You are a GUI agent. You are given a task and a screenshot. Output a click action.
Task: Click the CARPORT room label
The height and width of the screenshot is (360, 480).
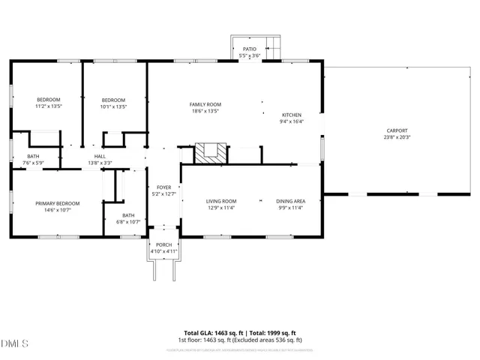(x=397, y=130)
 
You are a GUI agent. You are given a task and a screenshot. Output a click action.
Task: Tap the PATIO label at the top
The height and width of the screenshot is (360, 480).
(x=249, y=49)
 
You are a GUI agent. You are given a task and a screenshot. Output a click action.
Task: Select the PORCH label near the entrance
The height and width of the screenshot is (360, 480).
(x=163, y=244)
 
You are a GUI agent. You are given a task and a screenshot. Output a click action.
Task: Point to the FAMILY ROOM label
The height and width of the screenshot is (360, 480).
(x=205, y=104)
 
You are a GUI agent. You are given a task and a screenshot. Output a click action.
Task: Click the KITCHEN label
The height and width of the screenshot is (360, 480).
(x=291, y=114)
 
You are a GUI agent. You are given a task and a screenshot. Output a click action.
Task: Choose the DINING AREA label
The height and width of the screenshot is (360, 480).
(x=290, y=201)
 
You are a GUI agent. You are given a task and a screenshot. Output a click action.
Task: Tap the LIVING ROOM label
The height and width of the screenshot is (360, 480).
(x=221, y=201)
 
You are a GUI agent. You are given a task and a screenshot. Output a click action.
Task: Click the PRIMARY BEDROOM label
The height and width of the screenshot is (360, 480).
(x=58, y=203)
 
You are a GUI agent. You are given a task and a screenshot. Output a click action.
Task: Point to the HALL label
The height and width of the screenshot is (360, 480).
(x=100, y=156)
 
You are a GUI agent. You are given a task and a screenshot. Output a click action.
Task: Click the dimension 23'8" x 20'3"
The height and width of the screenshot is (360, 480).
(x=397, y=137)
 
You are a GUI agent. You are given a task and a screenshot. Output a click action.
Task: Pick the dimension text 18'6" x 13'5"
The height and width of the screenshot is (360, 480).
(x=205, y=111)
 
